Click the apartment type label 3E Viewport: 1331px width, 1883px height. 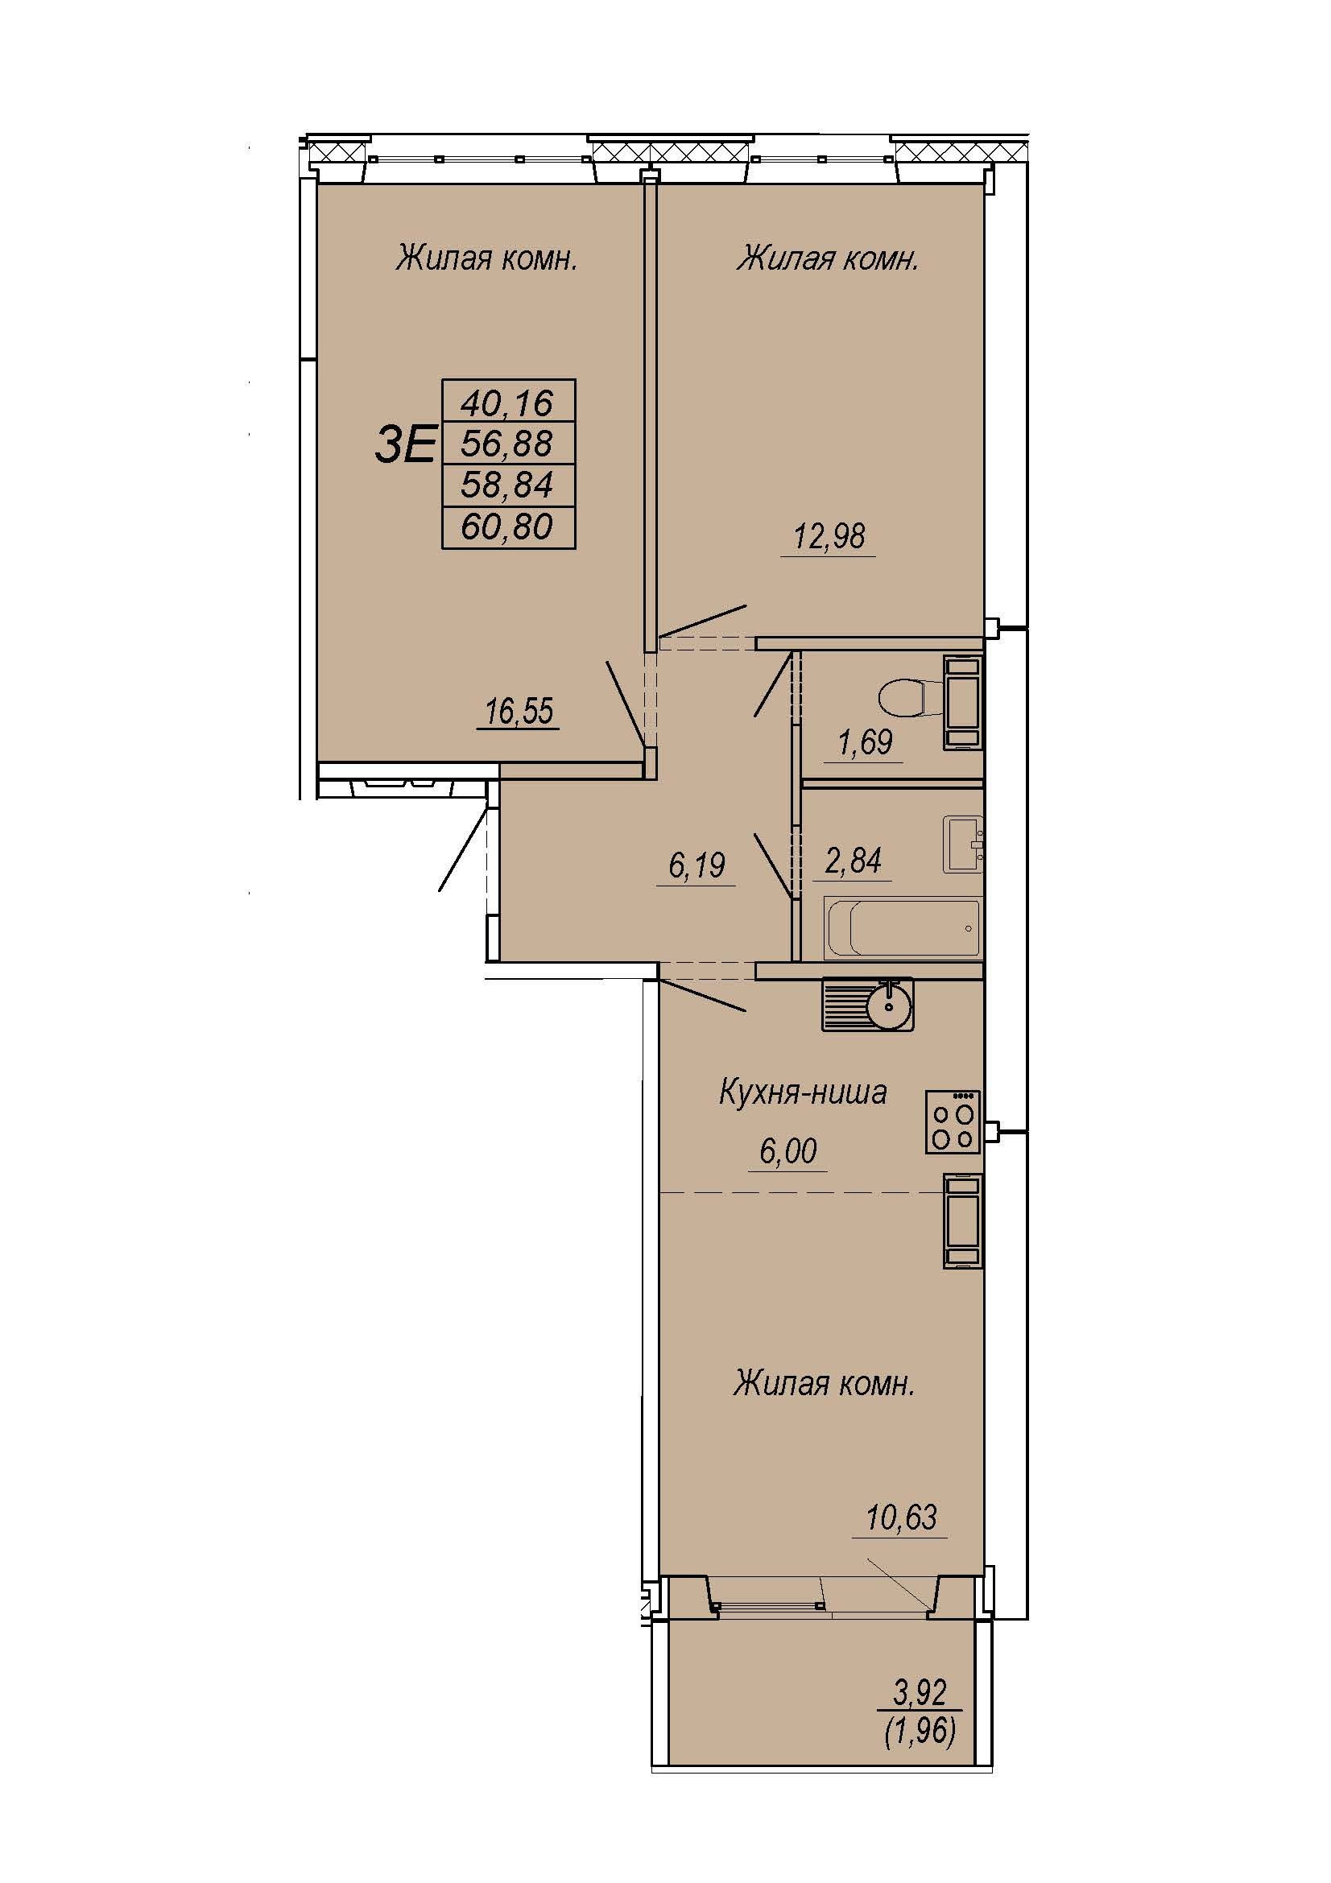tap(404, 446)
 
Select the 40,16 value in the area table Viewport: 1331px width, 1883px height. tap(507, 403)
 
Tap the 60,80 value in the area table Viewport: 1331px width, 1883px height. tap(507, 526)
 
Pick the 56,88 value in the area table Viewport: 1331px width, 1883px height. tap(507, 444)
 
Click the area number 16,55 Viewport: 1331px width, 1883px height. tap(519, 711)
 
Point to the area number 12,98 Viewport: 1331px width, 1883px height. tap(829, 535)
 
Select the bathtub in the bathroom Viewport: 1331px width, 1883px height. tap(902, 927)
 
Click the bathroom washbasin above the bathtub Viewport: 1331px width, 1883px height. tap(963, 844)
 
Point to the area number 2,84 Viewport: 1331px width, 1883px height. tap(854, 861)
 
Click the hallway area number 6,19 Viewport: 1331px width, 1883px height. tap(697, 865)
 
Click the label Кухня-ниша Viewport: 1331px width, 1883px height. tap(803, 1092)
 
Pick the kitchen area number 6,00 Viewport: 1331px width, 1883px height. tap(788, 1150)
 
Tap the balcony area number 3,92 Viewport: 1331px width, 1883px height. tap(920, 1692)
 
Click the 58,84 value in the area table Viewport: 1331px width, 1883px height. tap(507, 485)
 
